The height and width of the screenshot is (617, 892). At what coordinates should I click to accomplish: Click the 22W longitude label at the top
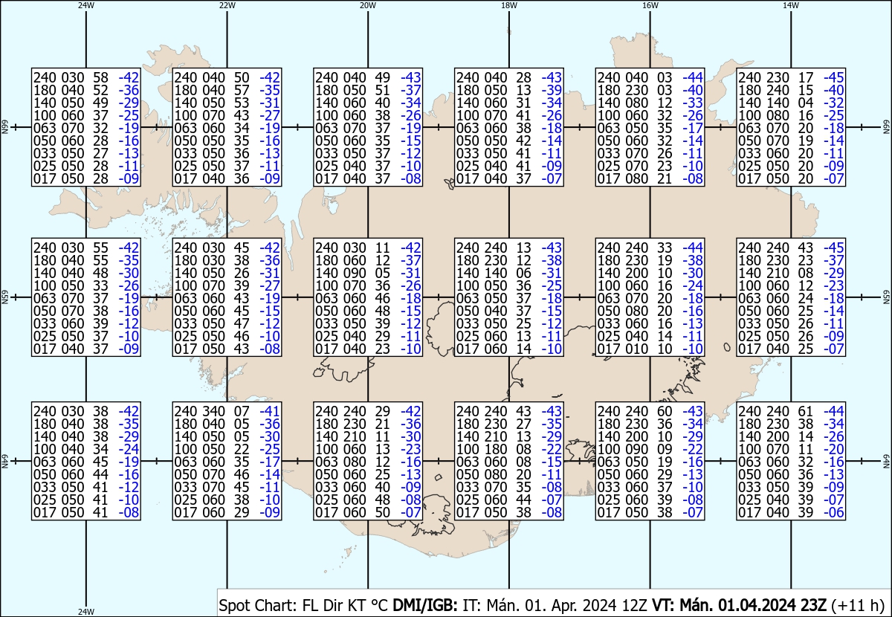[227, 4]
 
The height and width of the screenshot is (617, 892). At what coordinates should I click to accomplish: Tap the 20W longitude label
[367, 4]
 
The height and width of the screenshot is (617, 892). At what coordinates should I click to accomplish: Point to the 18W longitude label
[508, 4]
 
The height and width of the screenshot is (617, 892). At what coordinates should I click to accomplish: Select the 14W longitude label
[790, 4]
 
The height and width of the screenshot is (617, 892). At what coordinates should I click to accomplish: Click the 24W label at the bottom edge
[86, 612]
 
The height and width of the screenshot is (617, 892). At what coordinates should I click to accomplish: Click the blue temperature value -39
[552, 90]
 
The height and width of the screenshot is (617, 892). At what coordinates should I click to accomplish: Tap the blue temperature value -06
[834, 513]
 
